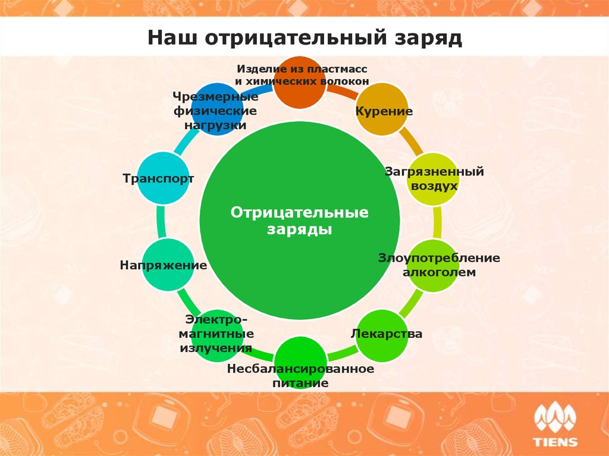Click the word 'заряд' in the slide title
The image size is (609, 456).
click(x=428, y=38)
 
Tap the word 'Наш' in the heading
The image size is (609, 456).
click(x=172, y=37)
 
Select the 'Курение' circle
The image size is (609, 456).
click(x=382, y=109)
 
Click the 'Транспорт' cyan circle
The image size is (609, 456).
click(x=164, y=178)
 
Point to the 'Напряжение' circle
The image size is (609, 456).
click(x=168, y=265)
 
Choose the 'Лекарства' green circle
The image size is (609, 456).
click(x=382, y=335)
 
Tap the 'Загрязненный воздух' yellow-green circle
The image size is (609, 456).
click(x=433, y=179)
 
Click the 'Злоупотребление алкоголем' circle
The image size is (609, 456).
click(x=433, y=266)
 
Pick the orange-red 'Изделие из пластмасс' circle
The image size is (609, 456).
click(x=300, y=82)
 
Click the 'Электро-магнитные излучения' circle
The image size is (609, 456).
click(x=217, y=335)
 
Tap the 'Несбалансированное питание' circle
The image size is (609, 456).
click(x=300, y=363)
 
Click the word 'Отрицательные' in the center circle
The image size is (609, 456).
click(x=300, y=212)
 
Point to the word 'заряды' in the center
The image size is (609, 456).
click(x=300, y=229)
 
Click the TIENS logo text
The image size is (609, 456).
click(x=555, y=442)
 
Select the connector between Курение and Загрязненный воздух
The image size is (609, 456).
click(x=412, y=141)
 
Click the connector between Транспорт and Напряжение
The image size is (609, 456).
click(x=161, y=222)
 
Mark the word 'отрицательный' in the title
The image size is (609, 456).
click(x=296, y=38)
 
